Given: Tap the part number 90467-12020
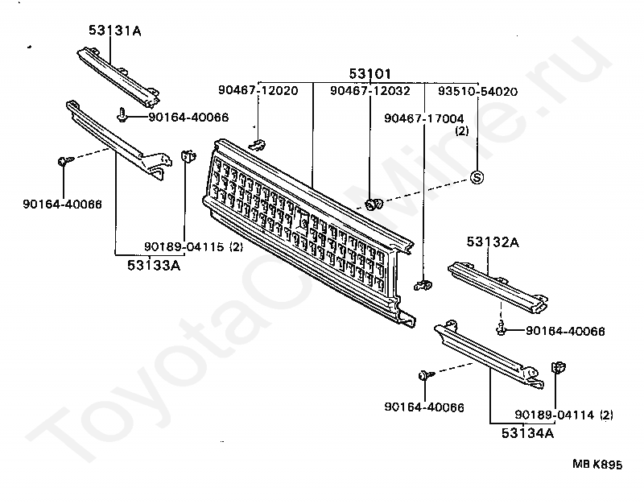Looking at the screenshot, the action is pyautogui.click(x=257, y=91).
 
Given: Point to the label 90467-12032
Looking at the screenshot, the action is pyautogui.click(x=370, y=91).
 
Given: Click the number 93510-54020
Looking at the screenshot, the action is pyautogui.click(x=477, y=91).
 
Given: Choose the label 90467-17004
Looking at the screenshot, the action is pyautogui.click(x=424, y=118).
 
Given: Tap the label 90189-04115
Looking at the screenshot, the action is pyautogui.click(x=183, y=246).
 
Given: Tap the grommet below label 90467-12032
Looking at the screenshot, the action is pyautogui.click(x=373, y=204).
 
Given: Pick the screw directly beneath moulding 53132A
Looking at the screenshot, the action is pyautogui.click(x=502, y=328).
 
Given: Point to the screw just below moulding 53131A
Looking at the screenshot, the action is pyautogui.click(x=122, y=116).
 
